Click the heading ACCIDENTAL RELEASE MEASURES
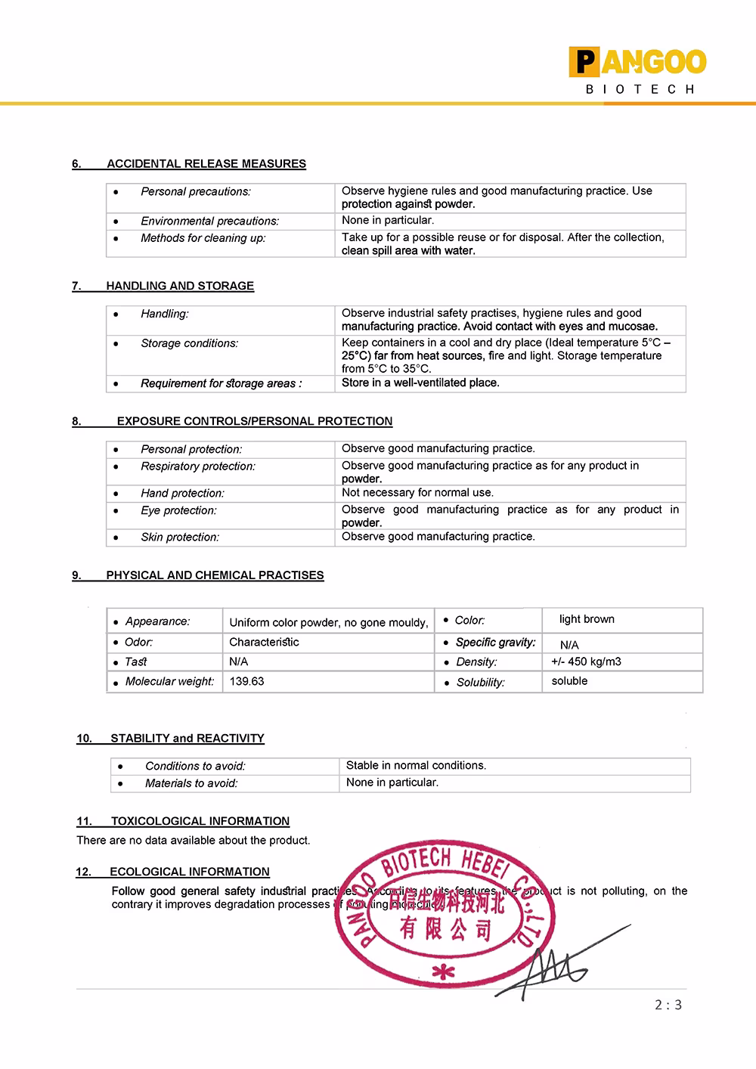tap(206, 163)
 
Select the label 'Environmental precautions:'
tap(209, 221)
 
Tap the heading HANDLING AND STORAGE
tap(180, 286)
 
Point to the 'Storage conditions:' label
tap(189, 343)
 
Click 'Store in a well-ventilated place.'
tap(420, 383)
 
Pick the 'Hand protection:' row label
tap(182, 493)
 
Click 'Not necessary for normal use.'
tap(417, 492)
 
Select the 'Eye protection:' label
tap(178, 510)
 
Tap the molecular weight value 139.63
tap(247, 681)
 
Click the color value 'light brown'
tap(587, 619)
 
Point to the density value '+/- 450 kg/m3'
tap(586, 662)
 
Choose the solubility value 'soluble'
tap(569, 681)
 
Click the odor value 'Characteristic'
tap(264, 642)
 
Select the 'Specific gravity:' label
tap(495, 642)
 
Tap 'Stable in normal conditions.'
tap(416, 765)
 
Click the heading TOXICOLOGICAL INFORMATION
tap(200, 821)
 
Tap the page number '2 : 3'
tap(668, 1005)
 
